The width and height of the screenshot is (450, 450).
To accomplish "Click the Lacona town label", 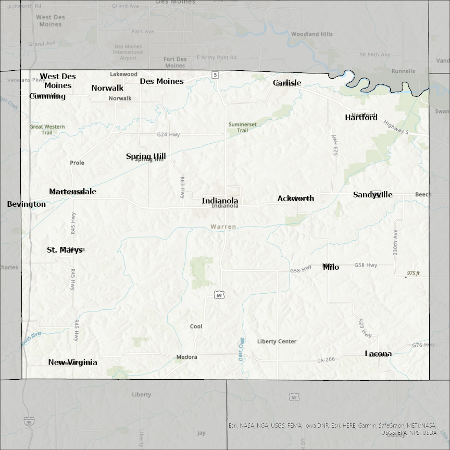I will coord(378,354).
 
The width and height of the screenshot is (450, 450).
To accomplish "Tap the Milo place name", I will coord(331,267).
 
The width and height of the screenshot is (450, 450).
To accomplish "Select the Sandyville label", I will coord(372,195).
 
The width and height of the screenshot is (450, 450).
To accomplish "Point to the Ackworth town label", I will coord(295,198).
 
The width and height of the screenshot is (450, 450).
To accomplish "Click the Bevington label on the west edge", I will coord(26,204).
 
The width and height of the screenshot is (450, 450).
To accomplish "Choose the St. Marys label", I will coord(65,250).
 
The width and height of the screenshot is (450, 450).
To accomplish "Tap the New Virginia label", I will coord(72,362).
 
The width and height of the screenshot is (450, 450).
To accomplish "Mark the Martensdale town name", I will coord(72,192).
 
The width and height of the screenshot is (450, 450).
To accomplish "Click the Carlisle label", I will coord(287,83).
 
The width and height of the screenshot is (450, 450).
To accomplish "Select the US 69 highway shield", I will coord(220,295).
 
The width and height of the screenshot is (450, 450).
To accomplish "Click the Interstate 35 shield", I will coord(29,422).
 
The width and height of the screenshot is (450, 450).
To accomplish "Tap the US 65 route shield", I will coord(294,397).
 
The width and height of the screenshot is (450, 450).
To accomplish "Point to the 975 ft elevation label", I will coord(414,273).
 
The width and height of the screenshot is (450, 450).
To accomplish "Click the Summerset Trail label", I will coord(242,127).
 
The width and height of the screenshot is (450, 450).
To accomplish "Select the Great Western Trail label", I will coord(47,129).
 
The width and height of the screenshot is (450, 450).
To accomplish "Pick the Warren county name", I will coord(223,227).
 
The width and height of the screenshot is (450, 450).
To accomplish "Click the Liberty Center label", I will coord(277,342).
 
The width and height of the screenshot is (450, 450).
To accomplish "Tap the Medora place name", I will coord(186,357).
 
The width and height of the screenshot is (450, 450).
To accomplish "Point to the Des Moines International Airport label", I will coord(128,52).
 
